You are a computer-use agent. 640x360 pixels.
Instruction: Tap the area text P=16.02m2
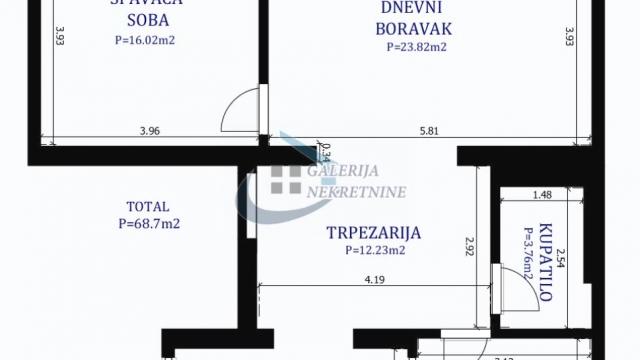133,42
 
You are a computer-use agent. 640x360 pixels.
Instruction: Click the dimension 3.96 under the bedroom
149,129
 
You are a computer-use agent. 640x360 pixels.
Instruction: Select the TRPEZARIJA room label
374,233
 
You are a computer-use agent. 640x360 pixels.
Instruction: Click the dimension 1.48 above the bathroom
543,195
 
